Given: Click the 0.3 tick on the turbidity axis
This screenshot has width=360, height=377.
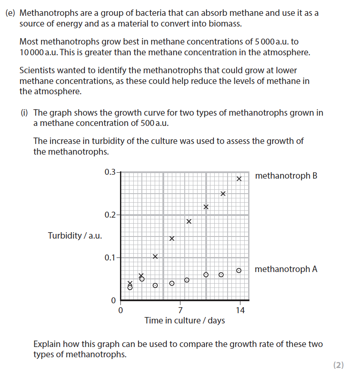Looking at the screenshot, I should coord(110,172).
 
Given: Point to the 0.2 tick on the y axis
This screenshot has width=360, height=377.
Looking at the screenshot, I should coord(110,215).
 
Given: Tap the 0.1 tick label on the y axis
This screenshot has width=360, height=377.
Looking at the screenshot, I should coord(110,257).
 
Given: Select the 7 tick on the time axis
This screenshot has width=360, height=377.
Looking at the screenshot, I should coord(180,310).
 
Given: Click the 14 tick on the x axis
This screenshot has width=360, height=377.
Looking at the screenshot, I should coord(240,310).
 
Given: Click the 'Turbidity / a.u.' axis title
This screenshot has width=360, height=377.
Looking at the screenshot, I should coord(75,236).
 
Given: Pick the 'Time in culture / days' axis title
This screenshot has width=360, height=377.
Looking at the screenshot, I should coord(185,320).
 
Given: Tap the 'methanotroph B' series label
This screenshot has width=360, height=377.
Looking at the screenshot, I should coord(286,176).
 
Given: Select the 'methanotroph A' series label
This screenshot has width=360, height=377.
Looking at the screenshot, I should coord(286,269).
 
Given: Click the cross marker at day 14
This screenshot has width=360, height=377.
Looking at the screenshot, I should coord(240,179).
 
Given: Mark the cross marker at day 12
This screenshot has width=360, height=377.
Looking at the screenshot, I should coord(223,194).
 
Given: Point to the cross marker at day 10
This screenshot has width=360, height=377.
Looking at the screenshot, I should coord(206,207).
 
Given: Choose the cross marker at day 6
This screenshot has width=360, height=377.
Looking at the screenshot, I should coord(171,238).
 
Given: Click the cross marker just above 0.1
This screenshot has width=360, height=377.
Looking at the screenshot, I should coord(155,257).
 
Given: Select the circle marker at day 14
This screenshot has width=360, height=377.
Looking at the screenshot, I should coord(239,271).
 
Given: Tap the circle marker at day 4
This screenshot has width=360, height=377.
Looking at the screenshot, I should coord(155,285).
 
